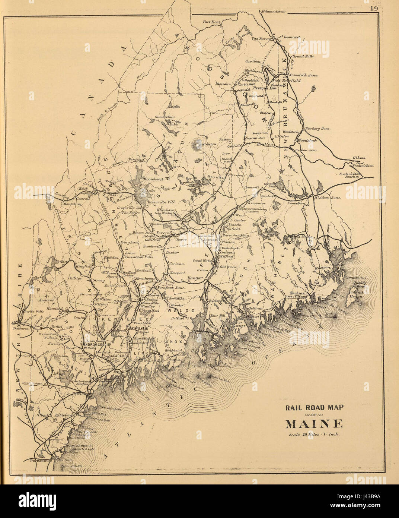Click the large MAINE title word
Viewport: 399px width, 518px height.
(x=314, y=424)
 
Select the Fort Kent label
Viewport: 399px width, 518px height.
(x=211, y=22)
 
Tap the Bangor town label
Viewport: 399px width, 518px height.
(x=194, y=278)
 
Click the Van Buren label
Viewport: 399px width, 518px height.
(x=261, y=38)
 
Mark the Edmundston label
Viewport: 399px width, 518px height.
(x=273, y=12)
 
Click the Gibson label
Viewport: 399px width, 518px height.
(x=359, y=158)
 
